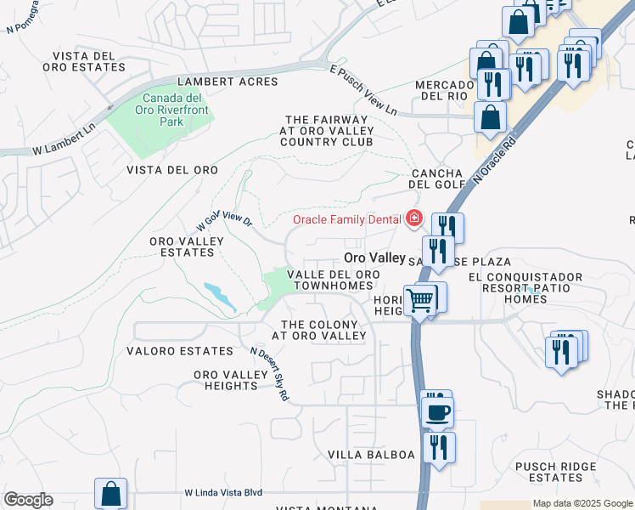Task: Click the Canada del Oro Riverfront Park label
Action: pyautogui.click(x=171, y=110)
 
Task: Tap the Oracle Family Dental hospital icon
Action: pyautogui.click(x=414, y=219)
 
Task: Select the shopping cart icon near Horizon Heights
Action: pyautogui.click(x=419, y=300)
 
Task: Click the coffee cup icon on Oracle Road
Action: pyautogui.click(x=438, y=413)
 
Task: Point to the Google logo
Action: pyautogui.click(x=28, y=500)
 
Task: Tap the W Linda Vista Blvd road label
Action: pyautogui.click(x=223, y=493)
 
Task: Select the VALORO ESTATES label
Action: pyautogui.click(x=179, y=350)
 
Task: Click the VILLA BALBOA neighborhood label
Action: pyautogui.click(x=372, y=455)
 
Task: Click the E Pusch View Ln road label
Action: pyautogui.click(x=364, y=93)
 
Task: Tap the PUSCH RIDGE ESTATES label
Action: pyautogui.click(x=555, y=472)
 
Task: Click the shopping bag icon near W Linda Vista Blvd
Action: pyautogui.click(x=110, y=494)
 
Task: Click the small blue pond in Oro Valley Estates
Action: pyautogui.click(x=220, y=295)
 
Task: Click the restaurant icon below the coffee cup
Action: pyautogui.click(x=439, y=446)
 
